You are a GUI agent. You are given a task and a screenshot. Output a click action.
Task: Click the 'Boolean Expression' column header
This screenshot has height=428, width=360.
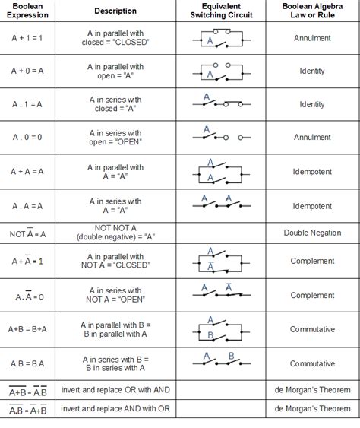click(27, 11)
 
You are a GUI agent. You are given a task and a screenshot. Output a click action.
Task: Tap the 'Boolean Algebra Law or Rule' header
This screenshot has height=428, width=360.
click(312, 11)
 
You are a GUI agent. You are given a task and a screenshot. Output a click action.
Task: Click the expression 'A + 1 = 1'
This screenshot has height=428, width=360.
click(27, 37)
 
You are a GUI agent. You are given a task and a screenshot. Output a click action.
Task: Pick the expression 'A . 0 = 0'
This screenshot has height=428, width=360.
click(27, 138)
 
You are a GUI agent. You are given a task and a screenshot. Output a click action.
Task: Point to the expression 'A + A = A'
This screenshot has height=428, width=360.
click(27, 172)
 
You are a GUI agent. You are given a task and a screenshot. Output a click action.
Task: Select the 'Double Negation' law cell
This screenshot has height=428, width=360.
click(312, 233)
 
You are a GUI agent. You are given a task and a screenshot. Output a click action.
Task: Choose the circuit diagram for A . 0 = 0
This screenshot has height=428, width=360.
click(222, 137)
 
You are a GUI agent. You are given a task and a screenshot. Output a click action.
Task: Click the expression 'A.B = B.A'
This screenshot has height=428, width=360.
click(27, 363)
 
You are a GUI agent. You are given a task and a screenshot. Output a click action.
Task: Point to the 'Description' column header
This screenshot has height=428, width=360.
click(115, 11)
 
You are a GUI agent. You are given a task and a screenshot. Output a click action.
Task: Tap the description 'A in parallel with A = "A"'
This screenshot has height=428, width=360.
click(115, 172)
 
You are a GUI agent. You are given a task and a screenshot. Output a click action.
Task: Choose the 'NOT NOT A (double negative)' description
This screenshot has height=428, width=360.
click(115, 233)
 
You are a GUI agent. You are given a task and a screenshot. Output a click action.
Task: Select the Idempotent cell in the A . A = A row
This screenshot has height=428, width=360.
click(312, 206)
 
